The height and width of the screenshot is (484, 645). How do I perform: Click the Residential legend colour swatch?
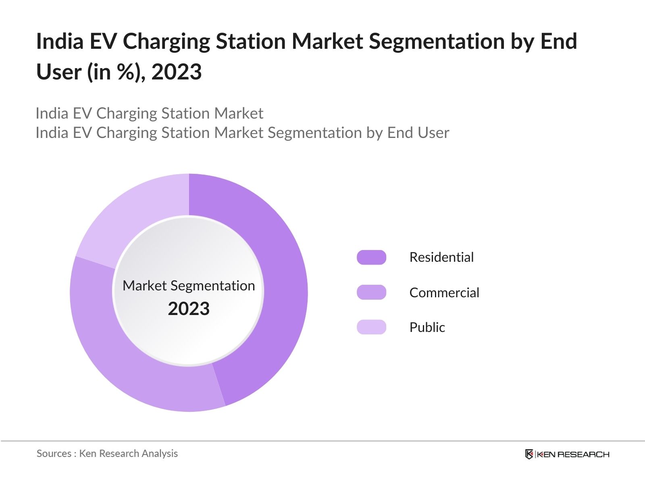click(x=371, y=257)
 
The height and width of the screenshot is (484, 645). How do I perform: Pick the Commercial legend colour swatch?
click(x=371, y=292)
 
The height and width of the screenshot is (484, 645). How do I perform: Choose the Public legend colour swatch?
click(x=371, y=327)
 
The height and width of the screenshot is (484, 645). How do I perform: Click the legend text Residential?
click(x=441, y=257)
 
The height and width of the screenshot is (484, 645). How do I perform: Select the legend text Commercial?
click(x=444, y=292)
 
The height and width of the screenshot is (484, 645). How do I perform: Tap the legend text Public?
click(x=427, y=327)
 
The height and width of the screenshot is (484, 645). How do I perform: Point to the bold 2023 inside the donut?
click(x=189, y=309)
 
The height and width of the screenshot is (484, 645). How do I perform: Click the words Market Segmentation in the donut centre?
click(x=189, y=286)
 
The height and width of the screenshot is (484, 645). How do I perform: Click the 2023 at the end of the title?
click(x=177, y=72)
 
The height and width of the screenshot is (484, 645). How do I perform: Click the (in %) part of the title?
click(x=116, y=72)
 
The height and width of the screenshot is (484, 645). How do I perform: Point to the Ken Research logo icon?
click(x=529, y=454)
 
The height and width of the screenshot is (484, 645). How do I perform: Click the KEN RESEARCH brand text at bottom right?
click(x=572, y=455)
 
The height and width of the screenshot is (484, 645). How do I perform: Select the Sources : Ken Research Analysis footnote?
click(x=107, y=453)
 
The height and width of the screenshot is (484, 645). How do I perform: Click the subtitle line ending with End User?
click(x=242, y=133)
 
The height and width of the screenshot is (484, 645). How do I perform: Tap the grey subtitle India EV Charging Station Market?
click(x=150, y=113)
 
